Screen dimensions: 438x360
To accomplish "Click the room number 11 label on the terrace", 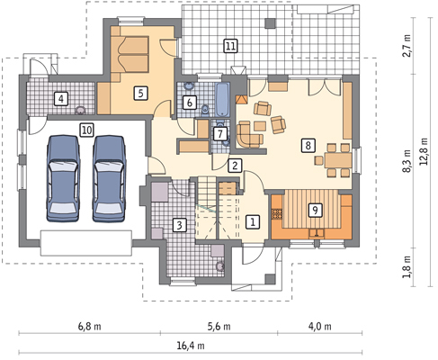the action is pos(230,46).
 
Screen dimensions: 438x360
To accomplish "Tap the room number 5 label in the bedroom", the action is pos(141,94).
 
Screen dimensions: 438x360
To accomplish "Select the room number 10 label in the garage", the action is pos(86,130).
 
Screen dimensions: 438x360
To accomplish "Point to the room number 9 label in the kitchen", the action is pos(315,210).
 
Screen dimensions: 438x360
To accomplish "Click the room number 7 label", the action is pos(220,134).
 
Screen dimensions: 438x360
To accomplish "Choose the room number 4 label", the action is pos(61,99).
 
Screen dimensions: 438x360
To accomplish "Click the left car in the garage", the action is pos(64,178).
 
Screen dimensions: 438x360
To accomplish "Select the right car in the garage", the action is pos(109,178).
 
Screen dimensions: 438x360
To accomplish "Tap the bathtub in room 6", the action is pos(222,99).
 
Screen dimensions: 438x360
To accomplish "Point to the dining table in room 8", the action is pos(338,160).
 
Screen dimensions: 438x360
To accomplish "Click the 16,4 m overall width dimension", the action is pos(191,346).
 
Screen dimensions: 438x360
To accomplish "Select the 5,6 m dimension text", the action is pos(219,326).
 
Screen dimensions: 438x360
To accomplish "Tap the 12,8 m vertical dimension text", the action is pos(424,151).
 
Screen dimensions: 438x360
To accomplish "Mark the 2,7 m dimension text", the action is pos(407,46).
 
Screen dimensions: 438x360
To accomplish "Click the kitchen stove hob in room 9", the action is pos(277,213).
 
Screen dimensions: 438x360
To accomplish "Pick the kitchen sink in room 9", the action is pos(317,233).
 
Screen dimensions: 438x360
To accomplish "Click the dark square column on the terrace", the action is pos(271,23).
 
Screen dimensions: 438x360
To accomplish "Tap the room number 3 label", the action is pos(179,225).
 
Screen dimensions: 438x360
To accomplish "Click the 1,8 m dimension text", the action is pos(407,267).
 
